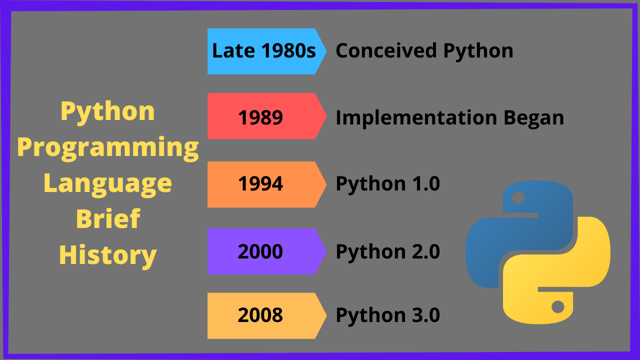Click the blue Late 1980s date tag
[264, 51]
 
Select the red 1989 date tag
[260, 117]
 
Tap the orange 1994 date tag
[260, 184]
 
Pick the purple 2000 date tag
[260, 251]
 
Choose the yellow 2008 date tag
[260, 315]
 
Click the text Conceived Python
[424, 51]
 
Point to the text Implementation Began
[449, 117]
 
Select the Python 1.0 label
[387, 184]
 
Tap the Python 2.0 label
[387, 251]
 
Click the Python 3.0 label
[387, 315]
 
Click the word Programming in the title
[108, 148]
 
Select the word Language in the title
[108, 183]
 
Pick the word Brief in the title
[108, 219]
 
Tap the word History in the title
[108, 254]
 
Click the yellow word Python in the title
[108, 111]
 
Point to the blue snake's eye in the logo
[518, 198]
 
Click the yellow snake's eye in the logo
[557, 306]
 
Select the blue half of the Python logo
[505, 235]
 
